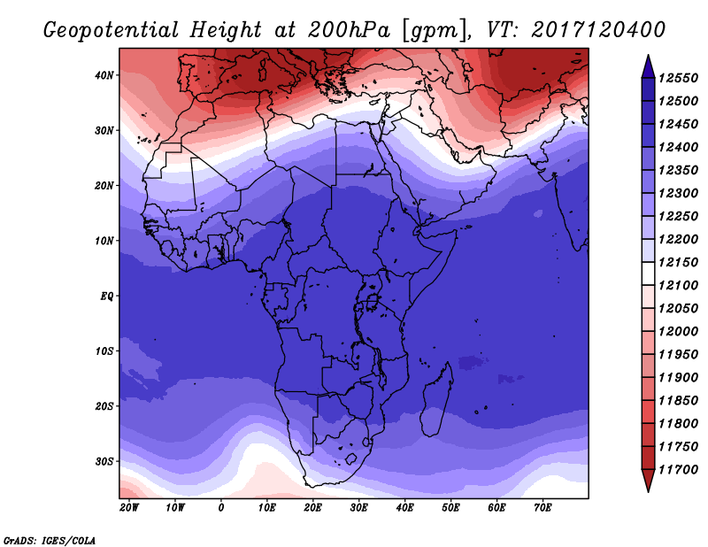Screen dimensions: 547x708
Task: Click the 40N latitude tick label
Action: (104, 75)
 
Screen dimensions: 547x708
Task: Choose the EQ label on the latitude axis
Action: (107, 296)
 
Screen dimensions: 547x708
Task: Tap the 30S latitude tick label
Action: (104, 461)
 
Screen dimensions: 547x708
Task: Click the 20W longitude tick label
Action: (129, 508)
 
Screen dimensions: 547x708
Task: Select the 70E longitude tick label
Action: (543, 508)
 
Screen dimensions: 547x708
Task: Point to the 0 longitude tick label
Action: (221, 508)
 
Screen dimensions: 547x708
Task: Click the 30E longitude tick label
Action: (358, 508)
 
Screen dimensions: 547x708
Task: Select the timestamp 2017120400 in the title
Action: (597, 29)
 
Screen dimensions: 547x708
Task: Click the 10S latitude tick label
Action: (104, 351)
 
